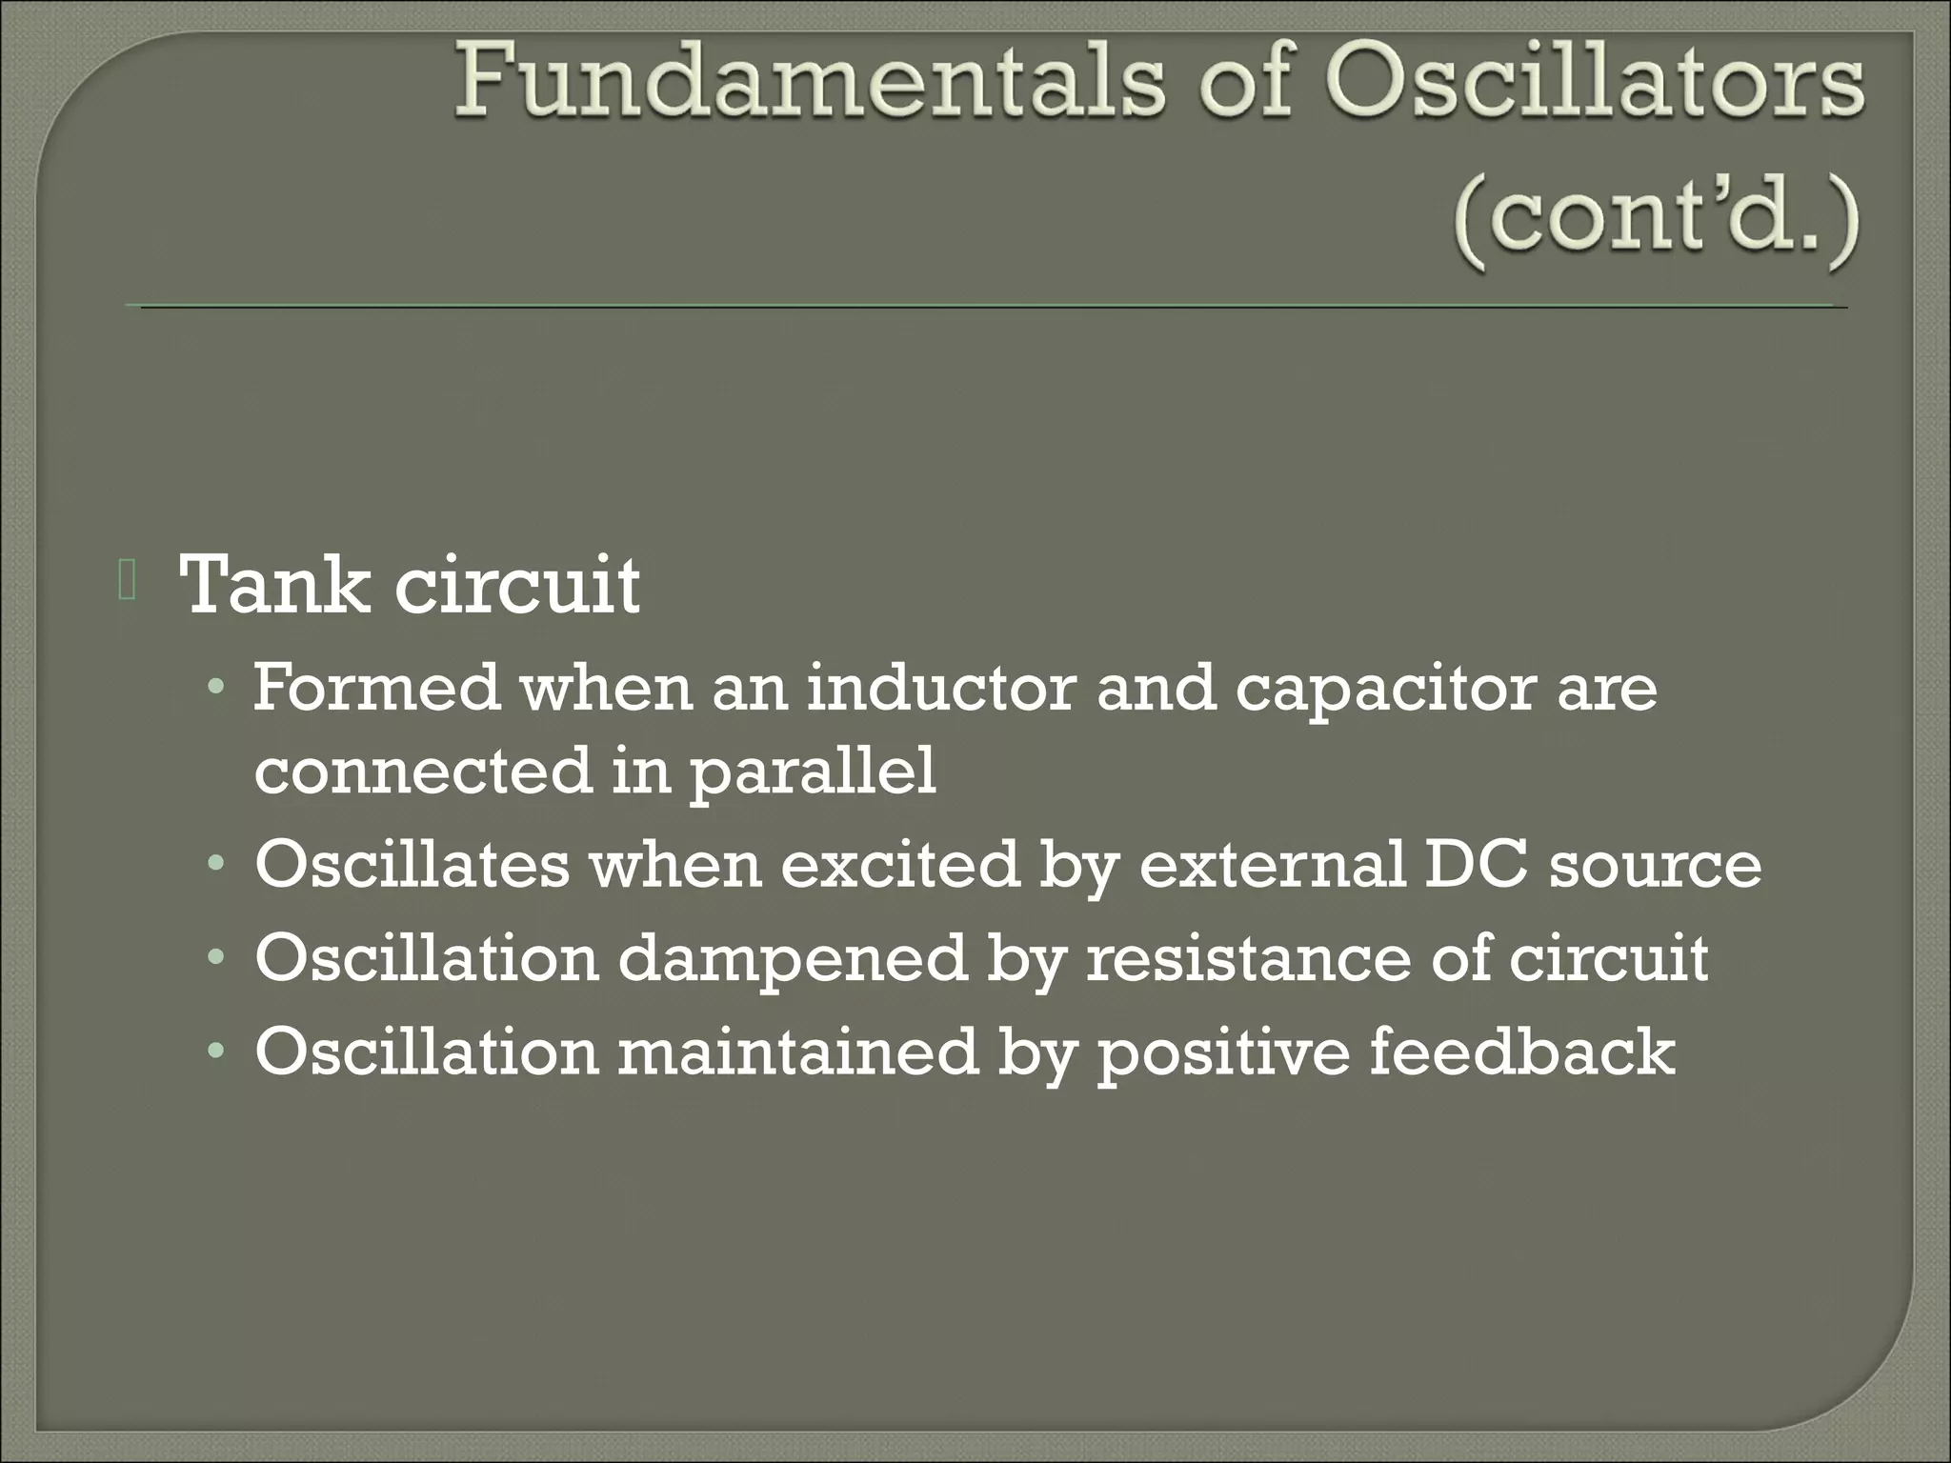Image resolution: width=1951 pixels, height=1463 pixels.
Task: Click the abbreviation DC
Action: tap(1476, 865)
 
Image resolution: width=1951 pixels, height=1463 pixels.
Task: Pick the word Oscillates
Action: tap(412, 865)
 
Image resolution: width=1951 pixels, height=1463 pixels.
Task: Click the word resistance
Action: tap(1248, 958)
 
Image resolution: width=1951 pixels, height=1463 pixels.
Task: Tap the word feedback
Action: tap(1521, 1052)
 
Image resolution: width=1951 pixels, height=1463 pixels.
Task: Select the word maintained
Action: tap(797, 1052)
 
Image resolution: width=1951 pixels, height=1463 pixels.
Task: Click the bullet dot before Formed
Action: tap(218, 688)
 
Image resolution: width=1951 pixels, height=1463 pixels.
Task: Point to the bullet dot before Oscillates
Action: tap(218, 866)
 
